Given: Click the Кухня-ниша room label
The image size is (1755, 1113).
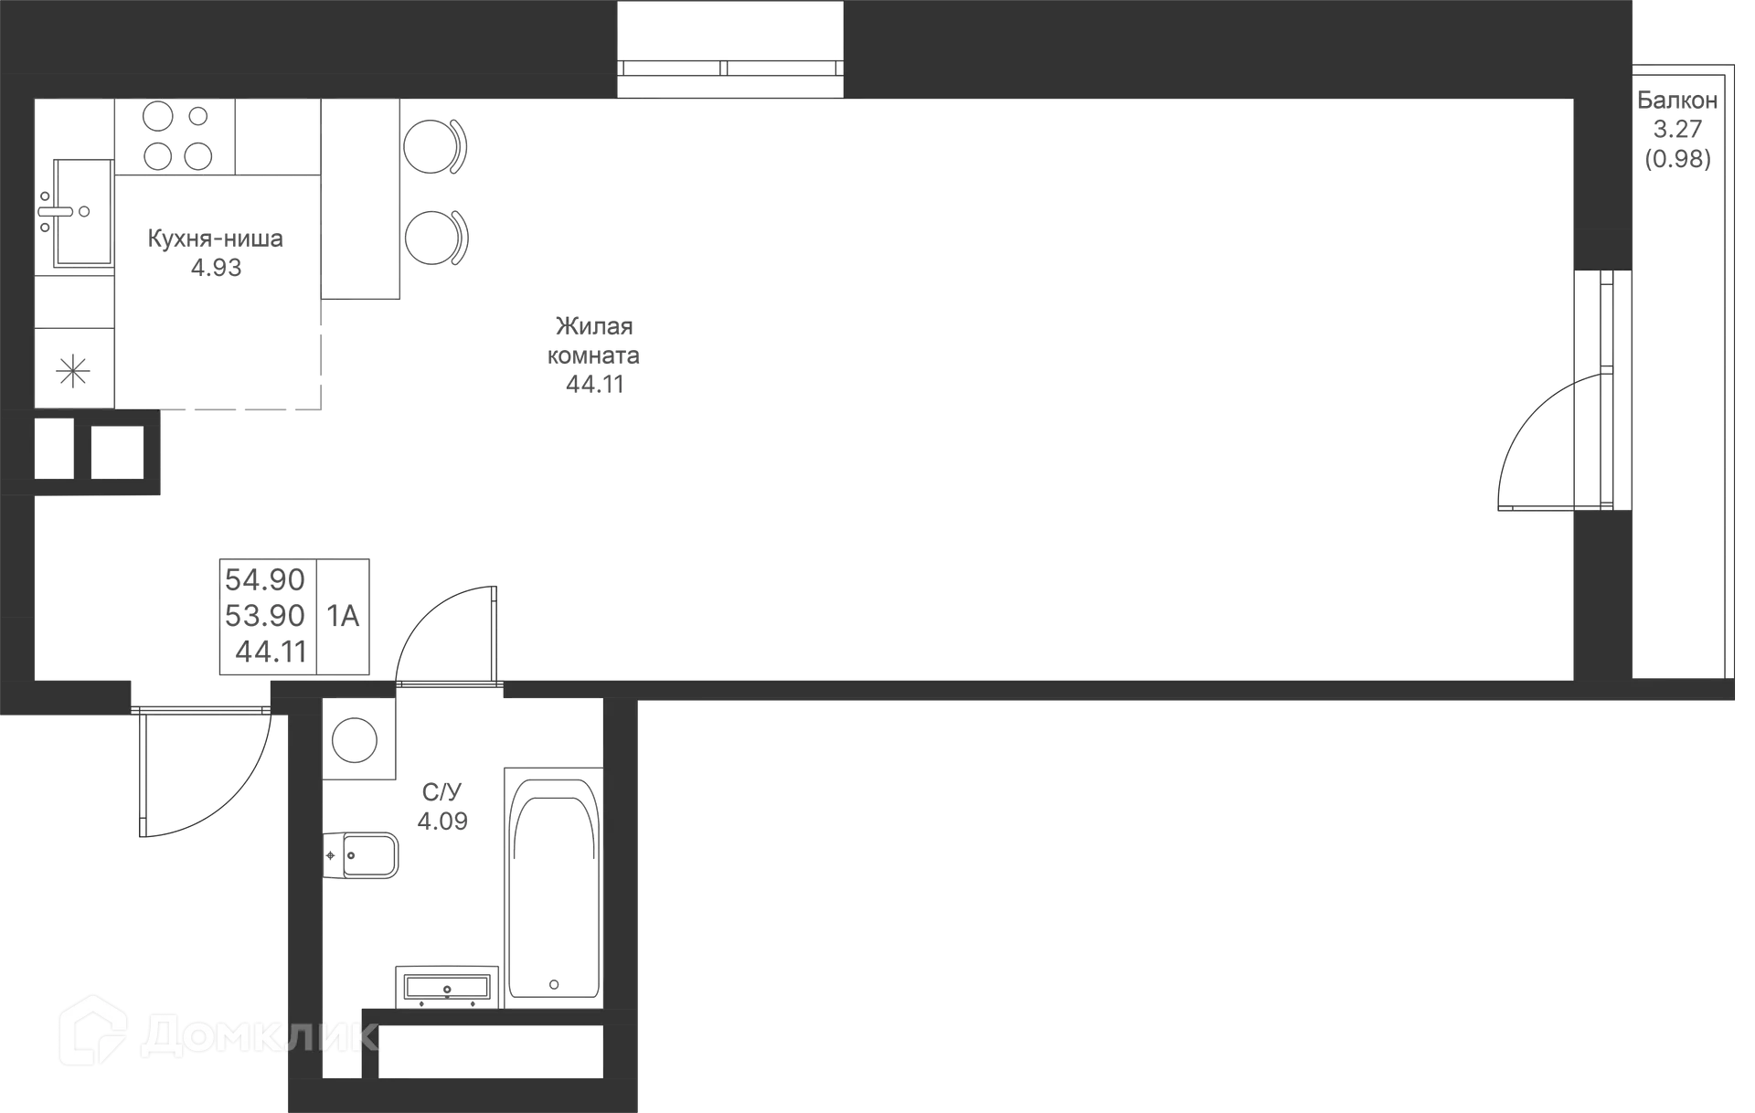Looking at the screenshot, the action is coord(216,239).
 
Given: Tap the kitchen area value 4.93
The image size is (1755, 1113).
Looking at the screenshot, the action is coord(216,268).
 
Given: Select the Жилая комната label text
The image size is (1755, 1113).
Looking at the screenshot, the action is coord(594,340).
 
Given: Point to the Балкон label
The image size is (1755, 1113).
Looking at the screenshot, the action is coord(1677,101).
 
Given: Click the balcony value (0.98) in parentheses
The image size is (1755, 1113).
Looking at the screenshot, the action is coord(1678,159).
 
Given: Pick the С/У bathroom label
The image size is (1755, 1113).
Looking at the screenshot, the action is coord(442,792).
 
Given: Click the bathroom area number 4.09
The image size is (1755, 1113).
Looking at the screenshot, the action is coord(442,821).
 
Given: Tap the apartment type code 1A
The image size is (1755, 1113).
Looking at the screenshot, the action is coord(343,617).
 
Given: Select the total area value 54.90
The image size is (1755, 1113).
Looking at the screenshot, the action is coord(265,579).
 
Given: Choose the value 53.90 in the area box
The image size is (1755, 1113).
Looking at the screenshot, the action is coord(265,616).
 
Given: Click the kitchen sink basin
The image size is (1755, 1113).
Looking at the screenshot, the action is coord(83,212).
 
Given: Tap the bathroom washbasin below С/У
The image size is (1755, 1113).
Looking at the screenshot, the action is coord(447,987).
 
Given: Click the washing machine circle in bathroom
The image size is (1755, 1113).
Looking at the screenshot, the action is coord(355,739).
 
